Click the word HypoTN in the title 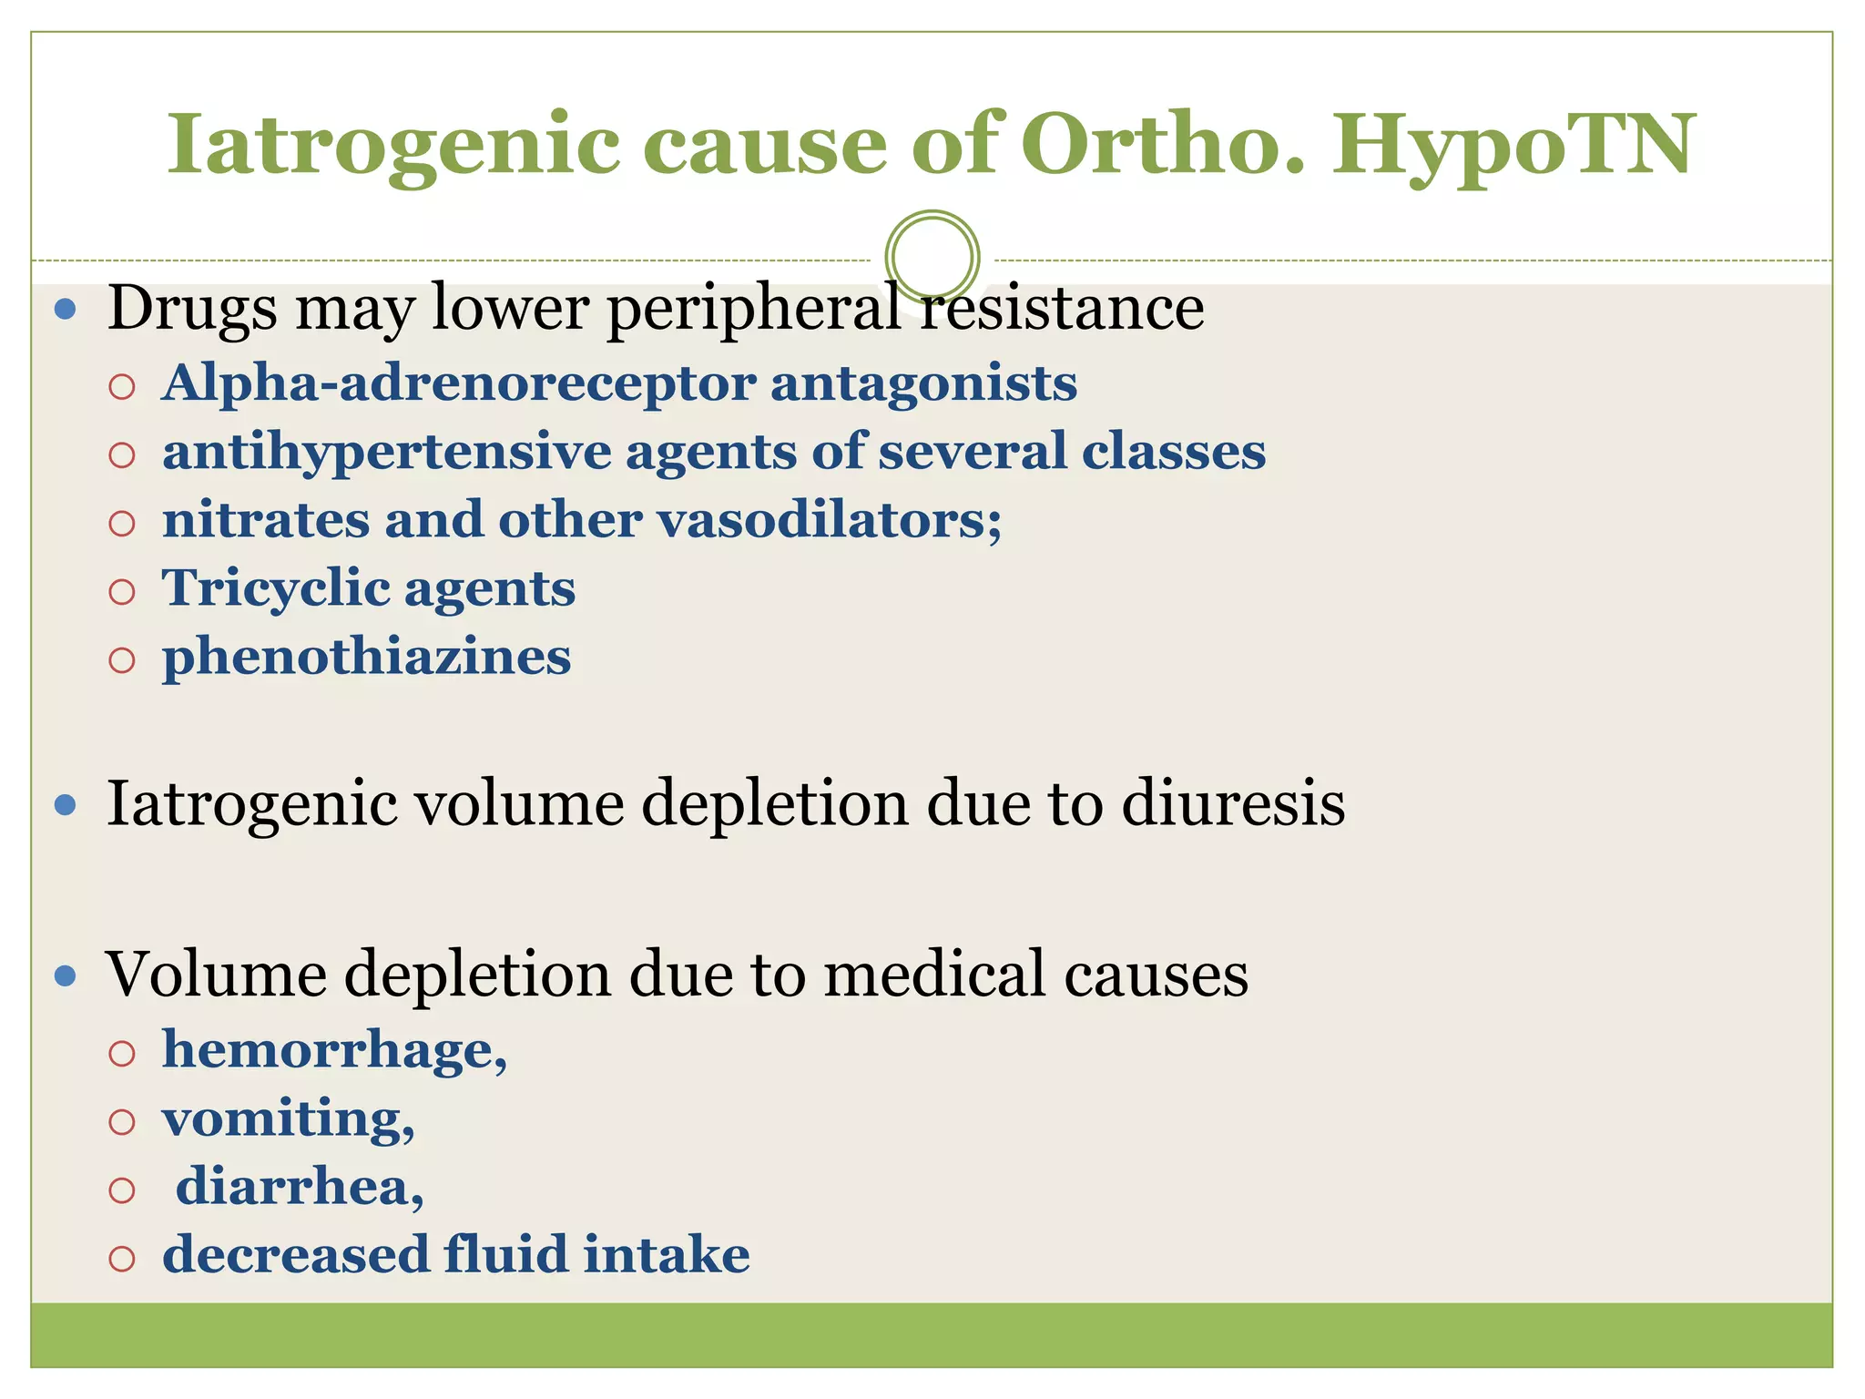coord(1513,146)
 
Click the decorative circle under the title coord(932,257)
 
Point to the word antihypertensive coord(386,452)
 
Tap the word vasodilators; coord(829,520)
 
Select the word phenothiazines coord(366,657)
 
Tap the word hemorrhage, coord(334,1051)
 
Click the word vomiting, coord(288,1119)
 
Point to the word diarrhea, coord(300,1188)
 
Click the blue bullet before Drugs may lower coord(66,310)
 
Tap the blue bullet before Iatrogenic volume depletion coord(66,804)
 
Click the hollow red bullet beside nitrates coord(122,523)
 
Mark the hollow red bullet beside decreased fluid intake coord(122,1259)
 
